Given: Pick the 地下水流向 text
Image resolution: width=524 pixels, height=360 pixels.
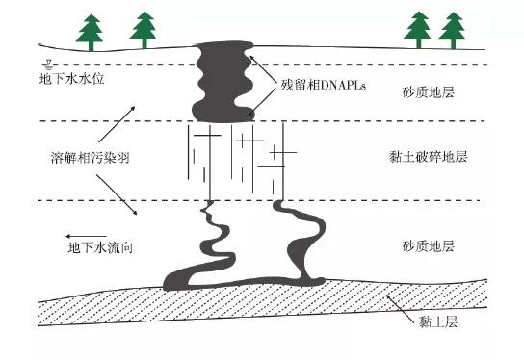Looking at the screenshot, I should pyautogui.click(x=99, y=247).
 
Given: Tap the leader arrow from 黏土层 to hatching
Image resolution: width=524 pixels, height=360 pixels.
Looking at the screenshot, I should pyautogui.click(x=402, y=305).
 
